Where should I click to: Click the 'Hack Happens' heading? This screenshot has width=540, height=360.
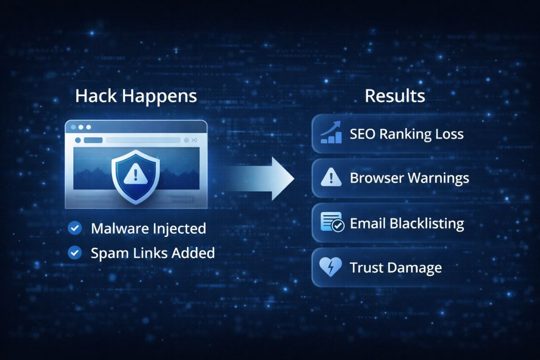point(136,96)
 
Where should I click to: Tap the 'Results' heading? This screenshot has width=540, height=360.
point(395,96)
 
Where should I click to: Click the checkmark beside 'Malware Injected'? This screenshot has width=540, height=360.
point(74,228)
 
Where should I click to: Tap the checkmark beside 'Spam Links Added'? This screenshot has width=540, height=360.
point(74,253)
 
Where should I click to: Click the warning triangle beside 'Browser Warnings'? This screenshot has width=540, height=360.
point(332,179)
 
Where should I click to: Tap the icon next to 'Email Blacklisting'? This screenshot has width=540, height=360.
point(332,223)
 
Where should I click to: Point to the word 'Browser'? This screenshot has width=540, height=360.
point(377,179)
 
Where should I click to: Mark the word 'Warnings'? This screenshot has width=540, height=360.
point(438,179)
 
